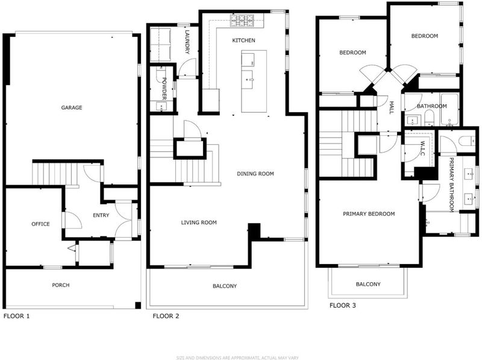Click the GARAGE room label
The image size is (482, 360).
pyautogui.click(x=72, y=107)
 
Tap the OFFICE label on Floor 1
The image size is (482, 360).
pyautogui.click(x=40, y=224)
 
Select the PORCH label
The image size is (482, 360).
pyautogui.click(x=61, y=285)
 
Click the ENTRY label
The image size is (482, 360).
pyautogui.click(x=101, y=215)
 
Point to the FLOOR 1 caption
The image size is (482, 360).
pyautogui.click(x=17, y=316)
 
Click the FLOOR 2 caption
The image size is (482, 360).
pyautogui.click(x=166, y=316)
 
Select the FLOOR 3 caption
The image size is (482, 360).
pyautogui.click(x=342, y=305)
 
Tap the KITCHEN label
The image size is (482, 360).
pyautogui.click(x=243, y=40)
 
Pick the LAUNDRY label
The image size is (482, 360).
pyautogui.click(x=187, y=42)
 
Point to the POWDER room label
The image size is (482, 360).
pyautogui.click(x=164, y=89)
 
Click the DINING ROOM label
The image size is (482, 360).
pyautogui.click(x=255, y=174)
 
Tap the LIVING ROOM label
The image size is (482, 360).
pyautogui.click(x=199, y=222)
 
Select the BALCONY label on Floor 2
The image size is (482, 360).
pyautogui.click(x=225, y=286)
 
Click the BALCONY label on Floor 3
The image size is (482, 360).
pyautogui.click(x=368, y=284)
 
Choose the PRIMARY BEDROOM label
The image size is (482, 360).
pyautogui.click(x=369, y=213)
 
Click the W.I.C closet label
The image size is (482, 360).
pyautogui.click(x=422, y=148)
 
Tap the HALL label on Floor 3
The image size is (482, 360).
pyautogui.click(x=391, y=107)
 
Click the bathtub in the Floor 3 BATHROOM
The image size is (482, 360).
pyautogui.click(x=449, y=110)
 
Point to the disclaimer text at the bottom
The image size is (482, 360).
pyautogui.click(x=237, y=358)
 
